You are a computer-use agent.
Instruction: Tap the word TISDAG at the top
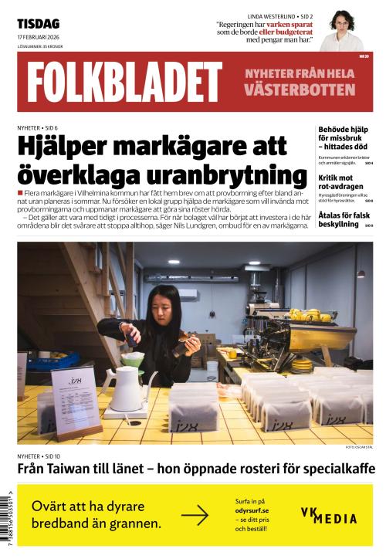tap(38, 23)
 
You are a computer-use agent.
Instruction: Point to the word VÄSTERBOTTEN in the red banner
tap(300, 90)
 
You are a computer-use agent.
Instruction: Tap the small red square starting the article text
tap(20, 191)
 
